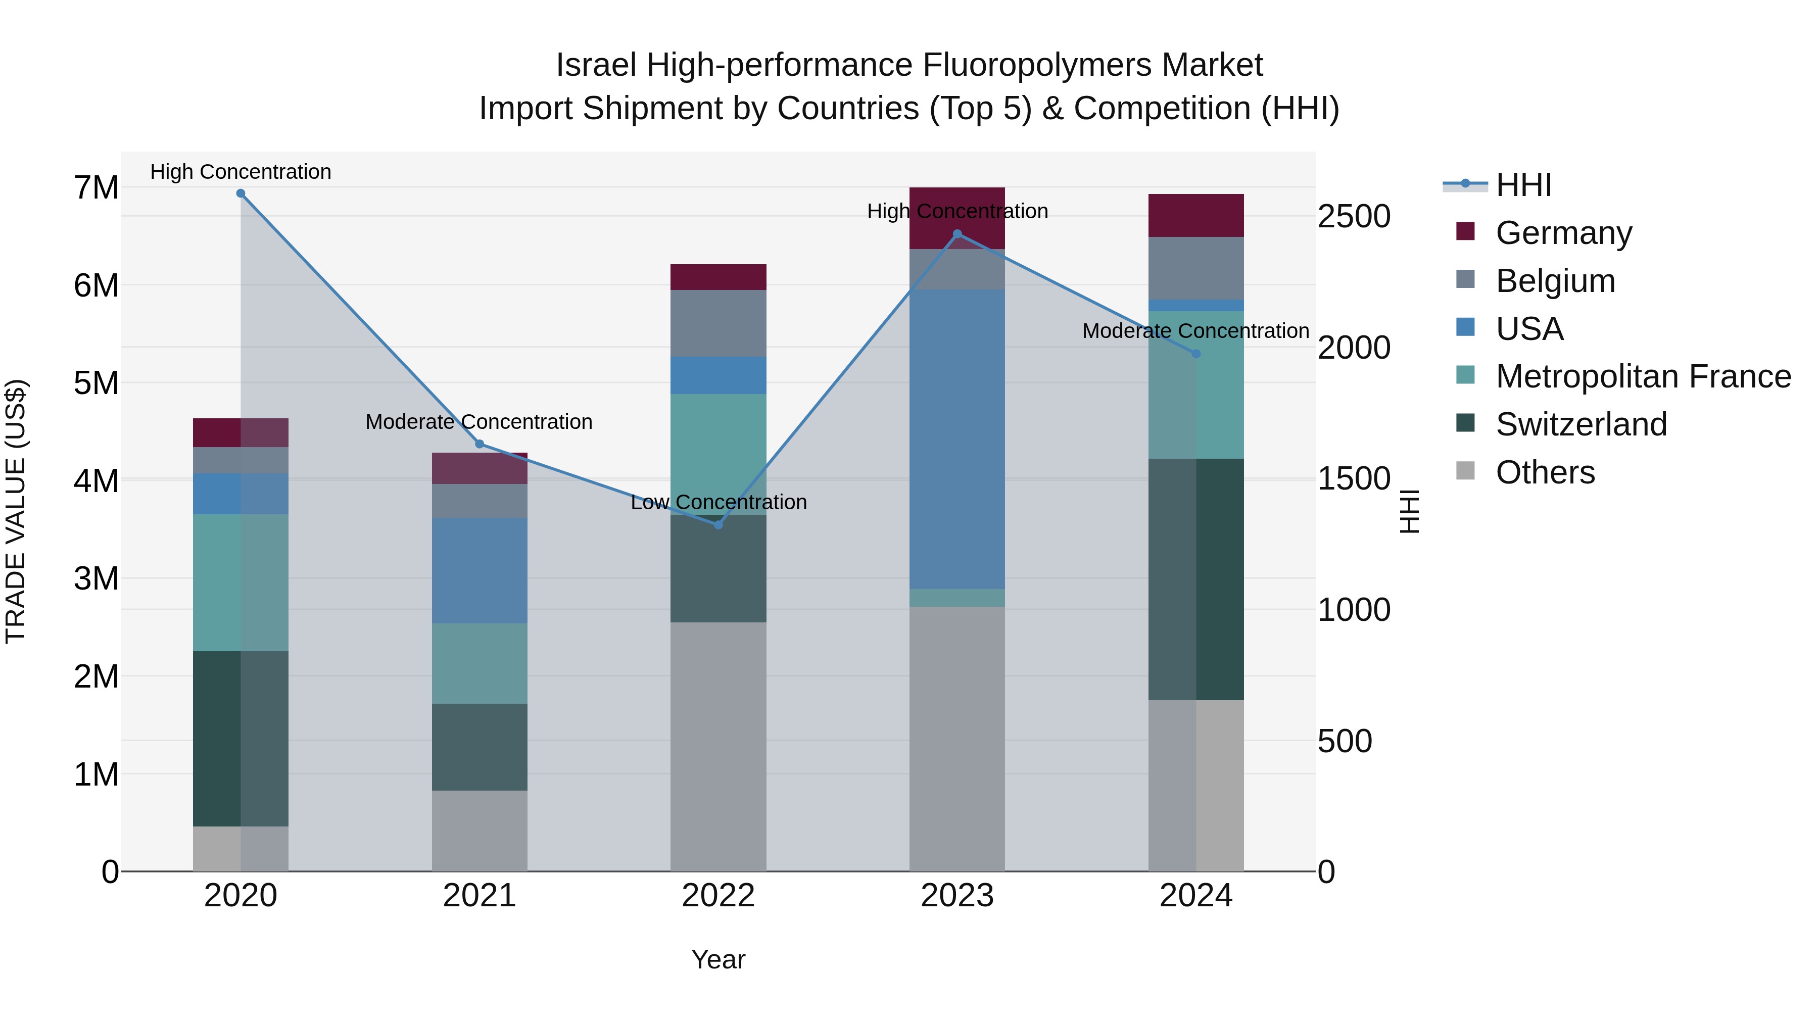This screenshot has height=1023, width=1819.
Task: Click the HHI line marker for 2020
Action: [241, 193]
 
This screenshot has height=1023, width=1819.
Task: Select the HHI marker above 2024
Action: [1196, 354]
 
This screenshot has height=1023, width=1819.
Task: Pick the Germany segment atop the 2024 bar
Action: [1196, 215]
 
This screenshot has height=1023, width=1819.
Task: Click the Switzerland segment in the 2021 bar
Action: [480, 747]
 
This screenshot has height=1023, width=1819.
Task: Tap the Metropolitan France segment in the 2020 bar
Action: [241, 582]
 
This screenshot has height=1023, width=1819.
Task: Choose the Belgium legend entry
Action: [1555, 281]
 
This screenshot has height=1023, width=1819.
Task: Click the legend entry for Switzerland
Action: [1581, 424]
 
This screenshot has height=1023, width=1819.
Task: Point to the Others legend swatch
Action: [1466, 471]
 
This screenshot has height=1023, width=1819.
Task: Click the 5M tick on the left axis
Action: [96, 383]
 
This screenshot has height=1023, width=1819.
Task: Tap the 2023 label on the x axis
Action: [957, 896]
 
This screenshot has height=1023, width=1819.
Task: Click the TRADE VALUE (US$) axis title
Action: [16, 511]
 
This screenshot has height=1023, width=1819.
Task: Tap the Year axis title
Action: [718, 959]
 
